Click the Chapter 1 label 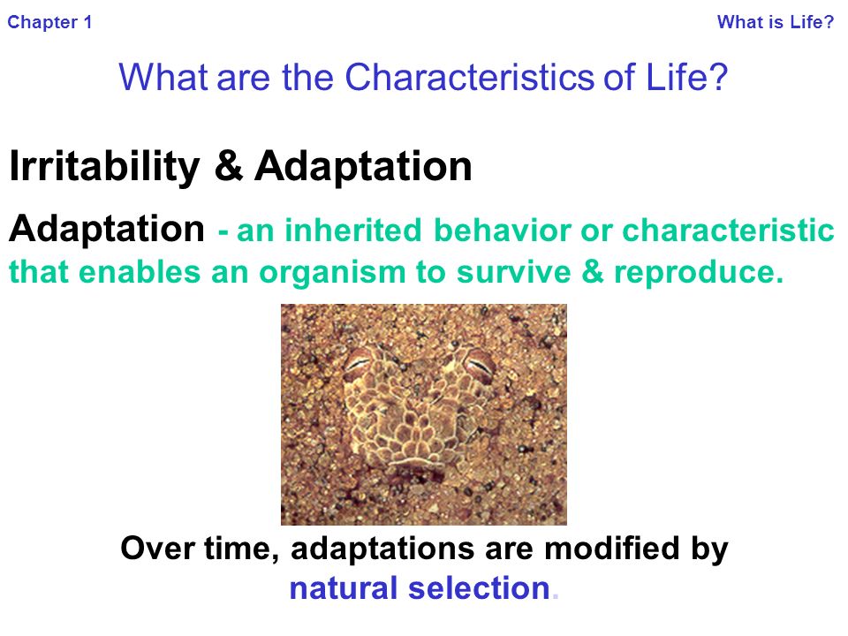[x=49, y=22]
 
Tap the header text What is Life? [x=776, y=21]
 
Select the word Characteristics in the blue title [x=470, y=77]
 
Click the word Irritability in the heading [x=104, y=166]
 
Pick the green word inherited [x=352, y=230]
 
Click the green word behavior [x=503, y=230]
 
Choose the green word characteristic [x=728, y=230]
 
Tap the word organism [x=332, y=273]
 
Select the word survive [x=513, y=271]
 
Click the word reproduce [x=698, y=271]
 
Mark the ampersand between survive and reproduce [x=592, y=271]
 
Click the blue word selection [x=479, y=588]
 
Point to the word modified [x=611, y=548]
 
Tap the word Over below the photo [x=157, y=549]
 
